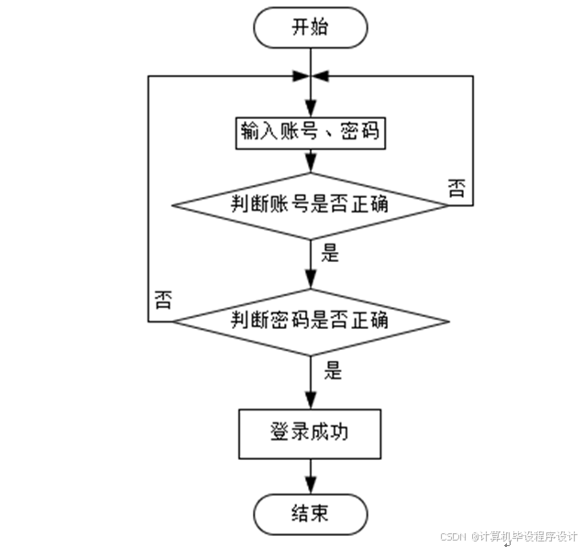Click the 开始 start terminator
click(x=311, y=28)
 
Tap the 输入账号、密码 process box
click(x=311, y=133)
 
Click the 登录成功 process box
click(x=311, y=434)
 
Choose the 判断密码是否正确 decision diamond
click(x=311, y=321)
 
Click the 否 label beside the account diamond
click(x=456, y=188)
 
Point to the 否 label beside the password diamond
click(x=162, y=301)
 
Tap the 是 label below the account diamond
click(x=331, y=253)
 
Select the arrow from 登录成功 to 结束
click(x=311, y=476)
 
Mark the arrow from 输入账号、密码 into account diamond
click(x=311, y=160)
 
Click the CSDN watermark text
click(x=508, y=536)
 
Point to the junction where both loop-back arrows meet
click(x=311, y=76)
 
